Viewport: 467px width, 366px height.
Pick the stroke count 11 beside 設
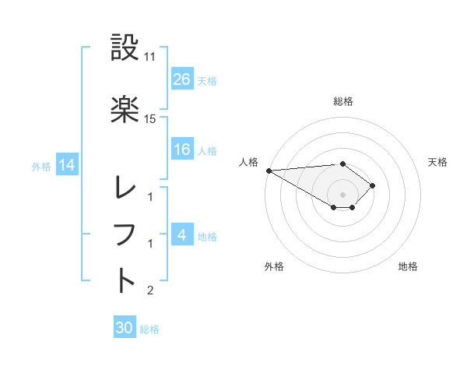click(150, 57)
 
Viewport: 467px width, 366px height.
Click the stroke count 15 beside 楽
click(150, 118)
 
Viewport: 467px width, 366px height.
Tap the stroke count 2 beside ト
click(150, 290)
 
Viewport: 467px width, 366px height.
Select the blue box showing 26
click(182, 79)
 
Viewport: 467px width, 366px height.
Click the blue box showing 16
click(182, 150)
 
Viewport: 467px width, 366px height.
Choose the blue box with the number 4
click(182, 235)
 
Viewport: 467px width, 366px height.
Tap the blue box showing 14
click(67, 165)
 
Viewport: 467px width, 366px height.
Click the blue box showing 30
click(125, 328)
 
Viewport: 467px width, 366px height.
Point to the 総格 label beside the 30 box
click(149, 329)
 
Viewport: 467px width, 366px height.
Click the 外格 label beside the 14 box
click(41, 166)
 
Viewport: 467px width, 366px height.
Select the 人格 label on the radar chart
click(248, 162)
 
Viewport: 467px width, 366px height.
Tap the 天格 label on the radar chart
click(438, 162)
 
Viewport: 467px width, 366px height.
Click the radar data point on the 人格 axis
click(269, 171)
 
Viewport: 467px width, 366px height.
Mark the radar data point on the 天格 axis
click(374, 185)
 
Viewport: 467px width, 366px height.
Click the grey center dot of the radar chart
click(343, 195)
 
